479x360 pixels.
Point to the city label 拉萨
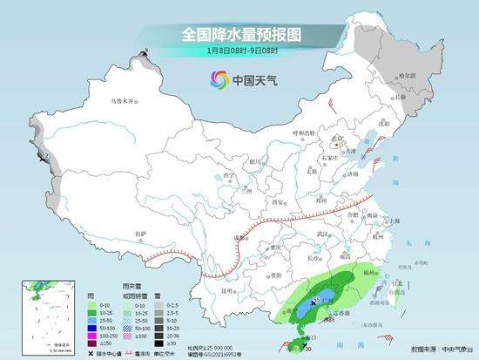(x=140, y=234)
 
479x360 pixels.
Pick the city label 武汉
(x=324, y=234)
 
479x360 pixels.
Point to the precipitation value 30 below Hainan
(x=307, y=349)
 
